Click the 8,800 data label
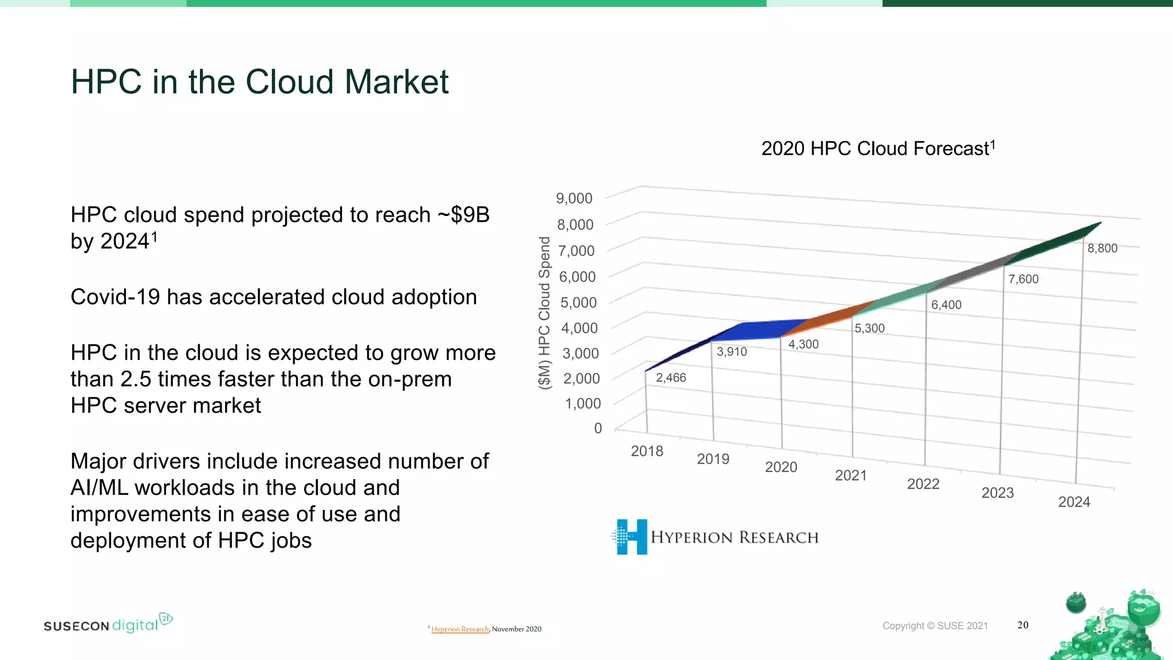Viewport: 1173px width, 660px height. pyautogui.click(x=1102, y=248)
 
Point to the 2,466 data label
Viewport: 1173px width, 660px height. pyautogui.click(x=671, y=378)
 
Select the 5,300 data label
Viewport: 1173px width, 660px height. pyautogui.click(x=869, y=328)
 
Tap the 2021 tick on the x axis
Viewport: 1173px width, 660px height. pyautogui.click(x=851, y=475)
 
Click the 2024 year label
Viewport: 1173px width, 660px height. pyautogui.click(x=1074, y=502)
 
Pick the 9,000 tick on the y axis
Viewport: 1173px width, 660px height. pyautogui.click(x=574, y=198)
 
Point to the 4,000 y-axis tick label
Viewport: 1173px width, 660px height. pyautogui.click(x=579, y=328)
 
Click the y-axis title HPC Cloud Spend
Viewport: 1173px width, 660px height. pyautogui.click(x=545, y=313)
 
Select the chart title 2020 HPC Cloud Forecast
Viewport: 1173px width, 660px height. pyautogui.click(x=877, y=148)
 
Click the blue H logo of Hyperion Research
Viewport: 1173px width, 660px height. pyautogui.click(x=631, y=537)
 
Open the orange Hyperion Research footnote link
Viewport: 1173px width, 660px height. pyautogui.click(x=460, y=629)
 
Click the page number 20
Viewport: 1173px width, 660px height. pyautogui.click(x=1023, y=625)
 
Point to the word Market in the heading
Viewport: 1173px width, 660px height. pyautogui.click(x=396, y=81)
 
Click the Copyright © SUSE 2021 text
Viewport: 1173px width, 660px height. pyautogui.click(x=935, y=626)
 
